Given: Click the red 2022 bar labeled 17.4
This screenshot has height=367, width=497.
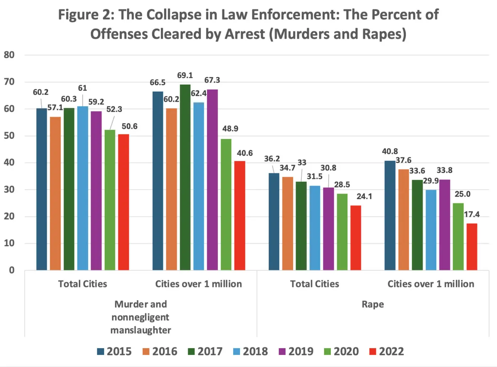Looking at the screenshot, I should tap(472, 246).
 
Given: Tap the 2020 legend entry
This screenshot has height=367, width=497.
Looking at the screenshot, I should tap(342, 351).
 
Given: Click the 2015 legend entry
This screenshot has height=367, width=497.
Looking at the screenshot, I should tap(114, 351).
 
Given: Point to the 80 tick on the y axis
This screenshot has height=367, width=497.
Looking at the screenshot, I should tap(9, 55).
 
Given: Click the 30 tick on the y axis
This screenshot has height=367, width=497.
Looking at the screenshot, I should tap(9, 190).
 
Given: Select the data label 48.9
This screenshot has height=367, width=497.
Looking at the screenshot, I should tap(230, 128).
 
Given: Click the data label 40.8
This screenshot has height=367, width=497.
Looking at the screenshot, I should tap(390, 151).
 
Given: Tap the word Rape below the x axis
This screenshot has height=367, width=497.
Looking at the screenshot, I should tap(373, 304).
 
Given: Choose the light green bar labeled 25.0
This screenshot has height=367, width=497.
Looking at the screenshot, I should tap(458, 236).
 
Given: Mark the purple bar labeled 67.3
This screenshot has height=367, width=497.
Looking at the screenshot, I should tap(212, 180).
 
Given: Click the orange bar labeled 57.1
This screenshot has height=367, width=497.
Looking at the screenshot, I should tap(55, 193).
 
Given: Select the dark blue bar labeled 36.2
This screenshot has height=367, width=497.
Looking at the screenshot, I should tap(274, 222).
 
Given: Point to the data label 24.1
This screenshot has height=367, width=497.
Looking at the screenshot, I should tap(364, 196).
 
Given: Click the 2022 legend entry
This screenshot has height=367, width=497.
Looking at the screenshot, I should tap(387, 351).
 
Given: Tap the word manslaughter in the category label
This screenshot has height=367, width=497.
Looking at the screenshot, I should tap(141, 330).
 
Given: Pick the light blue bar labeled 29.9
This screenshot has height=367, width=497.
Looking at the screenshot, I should tap(431, 230).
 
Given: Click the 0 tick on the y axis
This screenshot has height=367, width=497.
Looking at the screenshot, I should tap(12, 270).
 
